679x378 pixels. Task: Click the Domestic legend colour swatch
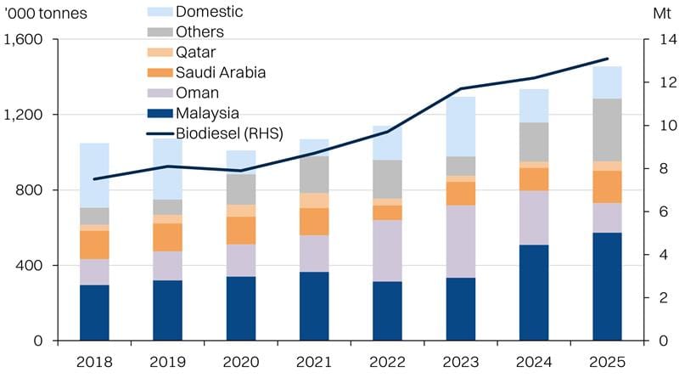[x=159, y=13]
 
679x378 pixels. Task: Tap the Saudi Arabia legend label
[x=221, y=72]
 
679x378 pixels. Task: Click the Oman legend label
[x=197, y=93]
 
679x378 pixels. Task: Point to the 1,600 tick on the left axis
[x=26, y=40]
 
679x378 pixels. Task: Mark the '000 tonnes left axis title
[x=46, y=14]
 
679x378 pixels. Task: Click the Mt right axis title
[x=659, y=14]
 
